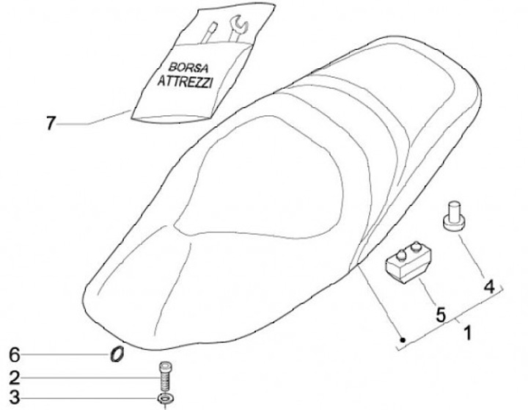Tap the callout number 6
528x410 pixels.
coord(13,356)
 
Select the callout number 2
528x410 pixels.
coord(13,378)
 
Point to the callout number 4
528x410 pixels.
coord(486,285)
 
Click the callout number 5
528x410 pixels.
coord(440,315)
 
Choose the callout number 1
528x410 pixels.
coord(466,335)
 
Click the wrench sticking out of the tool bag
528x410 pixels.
coord(238,28)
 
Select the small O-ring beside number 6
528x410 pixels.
coord(115,355)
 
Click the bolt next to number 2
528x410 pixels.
coord(165,378)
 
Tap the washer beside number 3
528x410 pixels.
coord(165,399)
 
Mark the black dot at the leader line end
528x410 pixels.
coord(403,339)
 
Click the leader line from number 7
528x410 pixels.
coord(95,121)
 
